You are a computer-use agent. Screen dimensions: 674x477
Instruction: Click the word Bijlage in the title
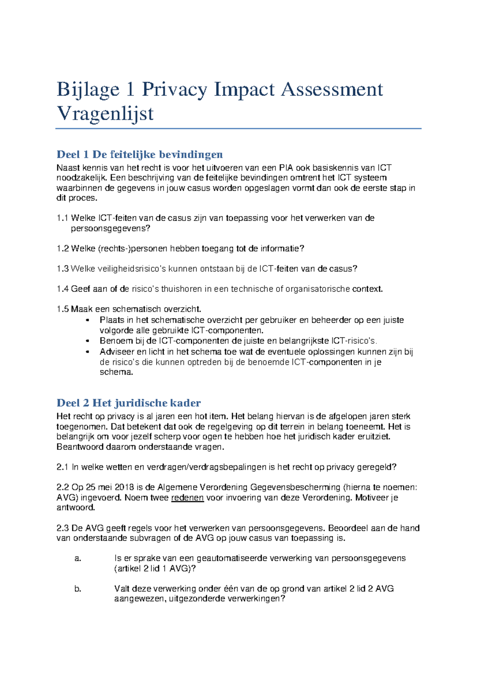click(88, 89)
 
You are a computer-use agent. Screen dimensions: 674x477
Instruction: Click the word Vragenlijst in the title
click(105, 114)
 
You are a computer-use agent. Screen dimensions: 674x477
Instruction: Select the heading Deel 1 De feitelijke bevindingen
click(140, 154)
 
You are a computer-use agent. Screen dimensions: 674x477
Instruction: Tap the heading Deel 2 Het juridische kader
click(128, 403)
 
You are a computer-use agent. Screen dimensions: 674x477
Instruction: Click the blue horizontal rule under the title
click(238, 129)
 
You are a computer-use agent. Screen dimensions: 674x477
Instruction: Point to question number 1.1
click(62, 218)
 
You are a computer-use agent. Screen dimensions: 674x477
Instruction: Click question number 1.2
click(62, 249)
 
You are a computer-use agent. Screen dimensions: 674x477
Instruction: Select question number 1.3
click(62, 269)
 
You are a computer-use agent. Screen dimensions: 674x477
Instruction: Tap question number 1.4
click(62, 289)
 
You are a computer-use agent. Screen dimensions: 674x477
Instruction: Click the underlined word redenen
click(187, 498)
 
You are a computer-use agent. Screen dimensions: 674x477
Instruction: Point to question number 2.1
click(62, 467)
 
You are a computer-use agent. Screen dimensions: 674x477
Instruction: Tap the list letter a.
click(78, 558)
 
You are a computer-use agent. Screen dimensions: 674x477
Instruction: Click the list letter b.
click(78, 589)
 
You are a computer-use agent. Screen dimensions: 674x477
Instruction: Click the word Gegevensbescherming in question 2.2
click(295, 488)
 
